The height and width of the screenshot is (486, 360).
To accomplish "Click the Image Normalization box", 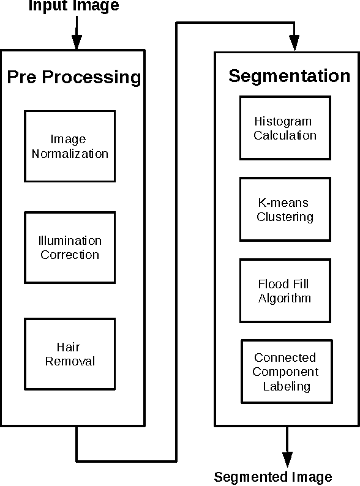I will pyautogui.click(x=70, y=146).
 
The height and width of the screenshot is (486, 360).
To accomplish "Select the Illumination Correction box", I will pyautogui.click(x=70, y=247).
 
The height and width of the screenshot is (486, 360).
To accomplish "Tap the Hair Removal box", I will pyautogui.click(x=70, y=354).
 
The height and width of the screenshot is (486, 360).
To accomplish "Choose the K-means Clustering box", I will pyautogui.click(x=285, y=209).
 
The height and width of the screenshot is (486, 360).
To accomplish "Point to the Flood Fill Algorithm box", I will pyautogui.click(x=285, y=291).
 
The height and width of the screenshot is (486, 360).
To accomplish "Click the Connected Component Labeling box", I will pyautogui.click(x=286, y=372).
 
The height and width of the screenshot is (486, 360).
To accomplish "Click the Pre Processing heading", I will pyautogui.click(x=73, y=78).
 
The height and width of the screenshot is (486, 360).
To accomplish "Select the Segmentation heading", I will pyautogui.click(x=289, y=76).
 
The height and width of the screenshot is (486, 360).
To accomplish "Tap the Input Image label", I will pyautogui.click(x=73, y=6).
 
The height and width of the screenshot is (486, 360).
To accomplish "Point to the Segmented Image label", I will pyautogui.click(x=273, y=477).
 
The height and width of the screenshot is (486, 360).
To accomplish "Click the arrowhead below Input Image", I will pyautogui.click(x=77, y=42).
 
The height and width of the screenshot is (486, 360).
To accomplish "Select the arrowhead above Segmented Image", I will pyautogui.click(x=286, y=459).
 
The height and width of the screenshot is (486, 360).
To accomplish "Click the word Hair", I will pyautogui.click(x=70, y=347).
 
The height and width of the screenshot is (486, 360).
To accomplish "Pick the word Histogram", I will pyautogui.click(x=283, y=122).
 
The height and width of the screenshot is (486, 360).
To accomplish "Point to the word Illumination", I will pyautogui.click(x=70, y=241).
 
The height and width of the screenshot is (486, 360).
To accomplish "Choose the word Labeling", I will pyautogui.click(x=287, y=386).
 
